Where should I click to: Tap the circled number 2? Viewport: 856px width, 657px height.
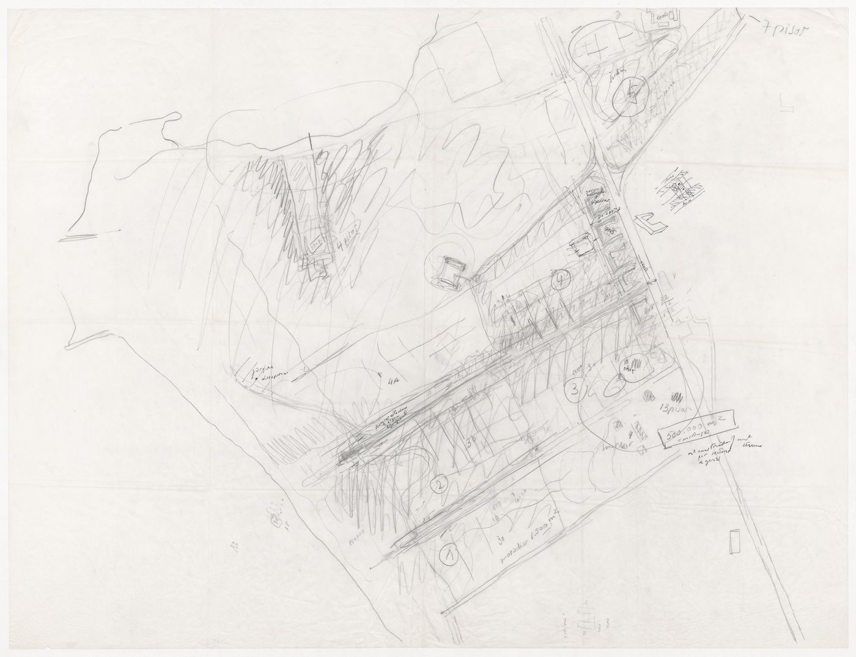tap(438, 485)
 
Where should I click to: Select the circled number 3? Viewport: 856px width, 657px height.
tap(575, 388)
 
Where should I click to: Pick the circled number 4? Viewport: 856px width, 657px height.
tap(560, 281)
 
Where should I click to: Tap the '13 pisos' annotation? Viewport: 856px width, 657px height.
tap(673, 406)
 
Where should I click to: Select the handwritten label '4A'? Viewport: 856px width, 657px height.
tap(392, 382)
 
